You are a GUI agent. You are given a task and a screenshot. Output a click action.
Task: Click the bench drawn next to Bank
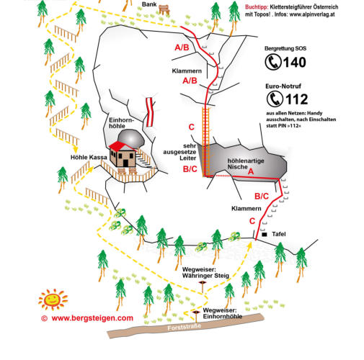click(x=164, y=10)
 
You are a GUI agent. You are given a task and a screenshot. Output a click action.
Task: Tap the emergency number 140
click(x=294, y=63)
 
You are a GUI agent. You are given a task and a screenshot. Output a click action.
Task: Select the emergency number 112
click(x=296, y=99)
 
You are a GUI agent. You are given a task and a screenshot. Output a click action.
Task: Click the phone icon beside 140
click(x=273, y=62)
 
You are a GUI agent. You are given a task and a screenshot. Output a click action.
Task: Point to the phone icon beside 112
click(x=275, y=99)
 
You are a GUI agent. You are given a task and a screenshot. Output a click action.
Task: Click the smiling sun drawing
click(x=53, y=300)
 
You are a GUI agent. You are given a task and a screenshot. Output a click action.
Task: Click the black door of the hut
click(x=125, y=163)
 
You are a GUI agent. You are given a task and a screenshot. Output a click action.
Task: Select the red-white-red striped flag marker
click(x=150, y=112)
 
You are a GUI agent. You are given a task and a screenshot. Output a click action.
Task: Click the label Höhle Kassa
click(x=89, y=158)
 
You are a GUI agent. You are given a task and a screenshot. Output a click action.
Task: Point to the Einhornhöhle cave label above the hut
click(x=121, y=123)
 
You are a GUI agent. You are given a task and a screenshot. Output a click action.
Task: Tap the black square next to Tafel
click(x=265, y=234)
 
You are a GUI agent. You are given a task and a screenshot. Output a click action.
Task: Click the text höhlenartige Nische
click(x=246, y=163)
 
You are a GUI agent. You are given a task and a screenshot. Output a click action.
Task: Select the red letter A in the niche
click(x=251, y=171)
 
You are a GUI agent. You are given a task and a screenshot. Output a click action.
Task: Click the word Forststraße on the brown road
click(x=184, y=327)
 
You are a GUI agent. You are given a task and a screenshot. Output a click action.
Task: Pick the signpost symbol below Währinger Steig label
click(x=203, y=287)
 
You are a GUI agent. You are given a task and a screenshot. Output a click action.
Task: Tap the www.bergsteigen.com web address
click(x=92, y=318)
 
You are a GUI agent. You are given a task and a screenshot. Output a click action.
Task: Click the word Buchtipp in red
click(x=257, y=7)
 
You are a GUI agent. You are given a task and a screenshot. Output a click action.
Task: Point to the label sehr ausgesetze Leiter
click(x=179, y=152)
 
